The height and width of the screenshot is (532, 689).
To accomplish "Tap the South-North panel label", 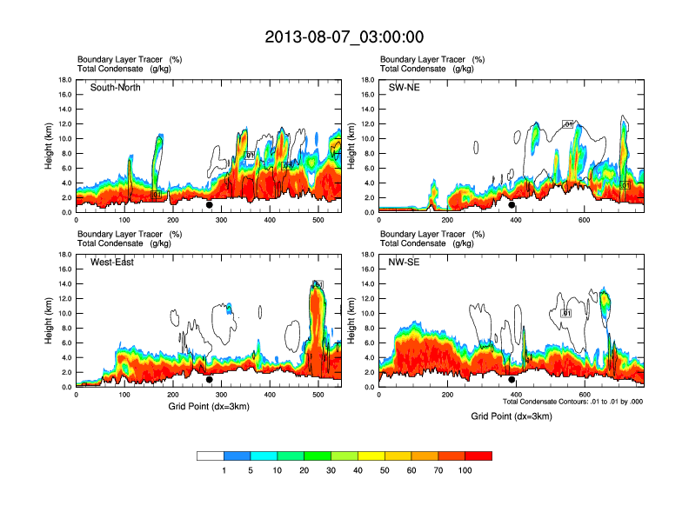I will pyautogui.click(x=116, y=88).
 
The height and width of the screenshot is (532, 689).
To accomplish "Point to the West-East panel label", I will pyautogui.click(x=112, y=263).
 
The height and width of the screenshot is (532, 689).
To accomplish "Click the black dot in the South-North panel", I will pyautogui.click(x=210, y=206).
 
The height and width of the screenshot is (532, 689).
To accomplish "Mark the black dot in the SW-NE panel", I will pyautogui.click(x=512, y=206).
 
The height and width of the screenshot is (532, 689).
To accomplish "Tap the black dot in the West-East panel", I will pyautogui.click(x=210, y=380).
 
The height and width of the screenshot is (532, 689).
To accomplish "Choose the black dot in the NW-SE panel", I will pyautogui.click(x=512, y=380).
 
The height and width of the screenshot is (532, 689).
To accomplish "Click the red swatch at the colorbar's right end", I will pyautogui.click(x=478, y=456).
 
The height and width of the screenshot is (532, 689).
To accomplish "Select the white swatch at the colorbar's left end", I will pyautogui.click(x=211, y=456).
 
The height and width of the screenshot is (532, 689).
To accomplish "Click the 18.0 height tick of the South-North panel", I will pyautogui.click(x=65, y=80).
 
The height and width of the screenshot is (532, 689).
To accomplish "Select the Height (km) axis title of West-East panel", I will pyautogui.click(x=50, y=320).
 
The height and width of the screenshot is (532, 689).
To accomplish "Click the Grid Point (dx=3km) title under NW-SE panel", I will pyautogui.click(x=512, y=416).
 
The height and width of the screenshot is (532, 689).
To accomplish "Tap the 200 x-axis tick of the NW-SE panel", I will pyautogui.click(x=447, y=396).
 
